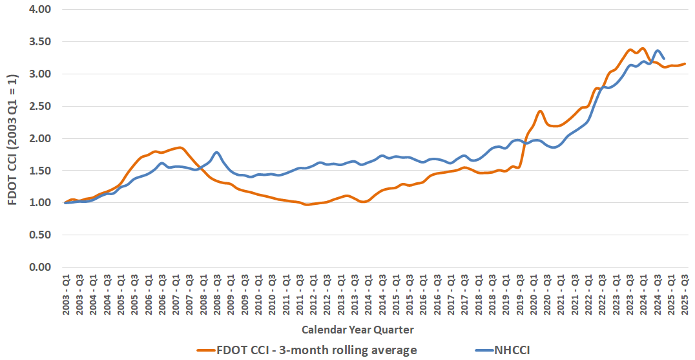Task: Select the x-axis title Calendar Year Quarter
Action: coord(357,330)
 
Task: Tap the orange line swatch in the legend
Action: coord(213,350)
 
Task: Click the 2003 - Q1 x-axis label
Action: coord(66,296)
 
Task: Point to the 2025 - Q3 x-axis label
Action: coord(685,296)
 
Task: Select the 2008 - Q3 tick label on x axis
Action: coord(217,296)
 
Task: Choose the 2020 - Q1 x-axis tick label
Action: coord(534,296)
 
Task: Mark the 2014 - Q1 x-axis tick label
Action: coord(368,296)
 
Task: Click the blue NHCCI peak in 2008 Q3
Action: coord(217,153)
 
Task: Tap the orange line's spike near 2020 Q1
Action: coord(539,111)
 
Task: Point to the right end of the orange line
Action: coord(685,64)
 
